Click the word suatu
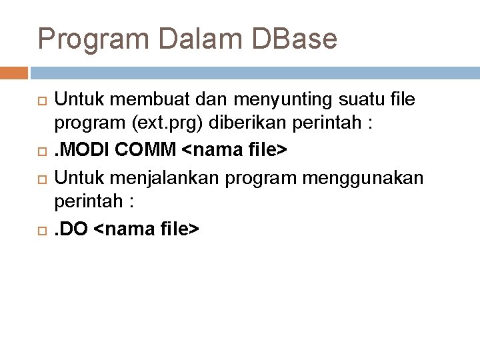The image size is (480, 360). [346, 100]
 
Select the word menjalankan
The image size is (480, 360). [157, 177]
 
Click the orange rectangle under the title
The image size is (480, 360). [13, 72]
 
